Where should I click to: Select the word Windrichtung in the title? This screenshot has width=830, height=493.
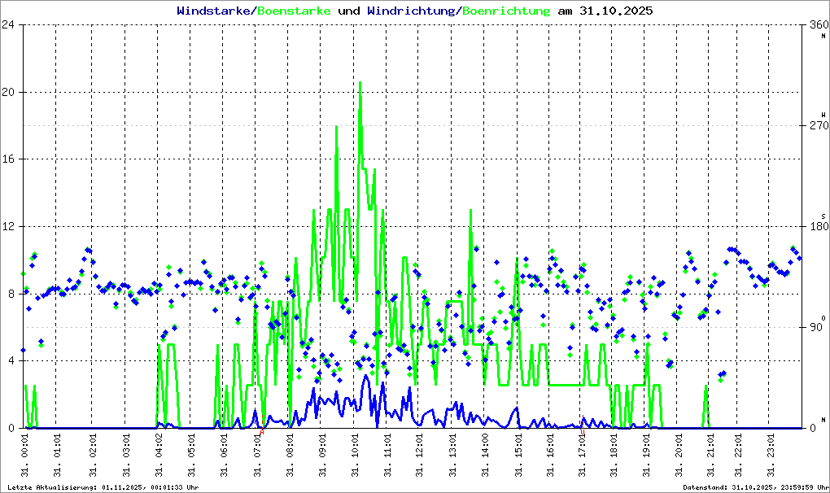413,11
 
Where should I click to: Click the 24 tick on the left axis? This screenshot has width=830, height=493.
10,25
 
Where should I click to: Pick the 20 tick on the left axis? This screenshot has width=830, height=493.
10,92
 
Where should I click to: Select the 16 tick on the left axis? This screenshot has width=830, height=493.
10,159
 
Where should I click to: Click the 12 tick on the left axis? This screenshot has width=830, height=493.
10,226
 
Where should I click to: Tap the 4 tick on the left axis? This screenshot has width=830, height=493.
12,360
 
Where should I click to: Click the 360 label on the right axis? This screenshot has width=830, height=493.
816,25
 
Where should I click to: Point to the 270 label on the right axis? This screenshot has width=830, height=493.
816,126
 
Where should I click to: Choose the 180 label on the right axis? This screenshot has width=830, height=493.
816,227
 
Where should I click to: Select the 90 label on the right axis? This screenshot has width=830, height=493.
816,328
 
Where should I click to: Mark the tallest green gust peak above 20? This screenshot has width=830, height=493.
360,83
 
